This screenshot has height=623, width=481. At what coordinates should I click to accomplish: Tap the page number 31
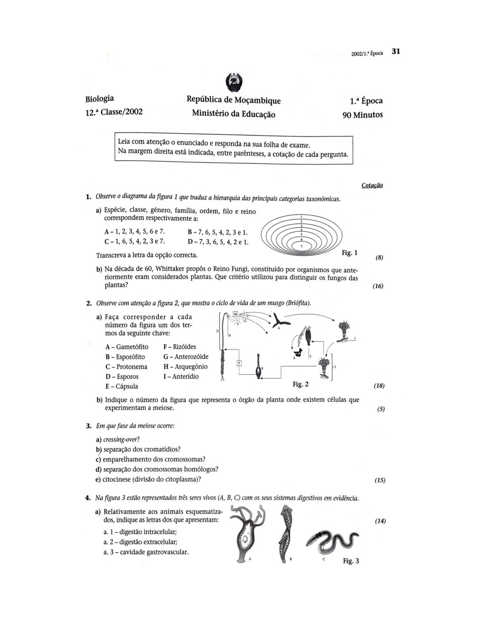396,51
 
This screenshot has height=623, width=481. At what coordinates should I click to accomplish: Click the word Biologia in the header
99,98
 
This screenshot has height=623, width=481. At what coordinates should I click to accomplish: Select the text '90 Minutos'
363,115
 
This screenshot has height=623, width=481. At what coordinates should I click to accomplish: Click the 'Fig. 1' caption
349,253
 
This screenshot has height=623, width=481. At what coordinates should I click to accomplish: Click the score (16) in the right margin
378,286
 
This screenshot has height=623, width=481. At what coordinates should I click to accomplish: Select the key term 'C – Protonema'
126,367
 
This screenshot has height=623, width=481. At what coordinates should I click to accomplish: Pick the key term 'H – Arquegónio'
185,366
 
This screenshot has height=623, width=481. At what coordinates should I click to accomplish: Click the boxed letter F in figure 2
239,363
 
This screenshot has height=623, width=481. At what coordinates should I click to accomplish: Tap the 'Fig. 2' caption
301,384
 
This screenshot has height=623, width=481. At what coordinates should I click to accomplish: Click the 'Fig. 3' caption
351,561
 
